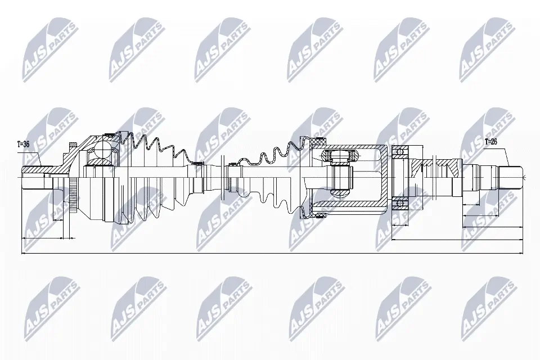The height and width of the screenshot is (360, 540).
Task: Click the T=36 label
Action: coord(23,144)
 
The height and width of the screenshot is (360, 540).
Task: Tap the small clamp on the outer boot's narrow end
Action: coord(197,164)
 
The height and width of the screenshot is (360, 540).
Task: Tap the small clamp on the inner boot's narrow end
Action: coord(230,165)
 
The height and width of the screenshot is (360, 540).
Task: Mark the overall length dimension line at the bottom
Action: coord(270,254)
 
